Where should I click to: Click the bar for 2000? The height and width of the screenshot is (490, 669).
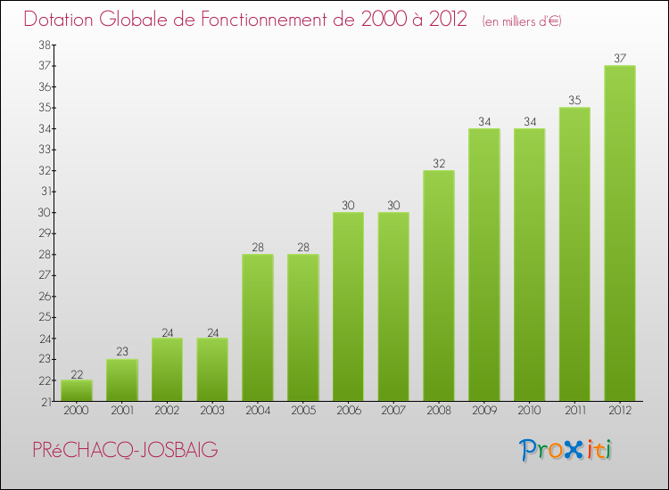point(77,390)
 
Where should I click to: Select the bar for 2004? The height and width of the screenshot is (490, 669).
point(258,328)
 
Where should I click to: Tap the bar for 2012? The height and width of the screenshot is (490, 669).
point(620,233)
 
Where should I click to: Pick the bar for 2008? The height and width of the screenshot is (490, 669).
point(439,286)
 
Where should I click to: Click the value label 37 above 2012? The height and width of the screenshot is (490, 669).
point(620,59)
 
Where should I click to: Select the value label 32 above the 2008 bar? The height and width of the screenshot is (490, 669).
point(439,164)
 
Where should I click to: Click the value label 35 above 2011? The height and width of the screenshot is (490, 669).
point(574,101)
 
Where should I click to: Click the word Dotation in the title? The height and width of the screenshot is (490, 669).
point(63,19)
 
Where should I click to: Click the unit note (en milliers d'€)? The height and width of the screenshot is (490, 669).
point(522,20)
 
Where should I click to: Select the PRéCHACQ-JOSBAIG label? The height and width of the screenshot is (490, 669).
point(125,451)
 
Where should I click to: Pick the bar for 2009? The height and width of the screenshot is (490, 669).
point(484,265)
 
